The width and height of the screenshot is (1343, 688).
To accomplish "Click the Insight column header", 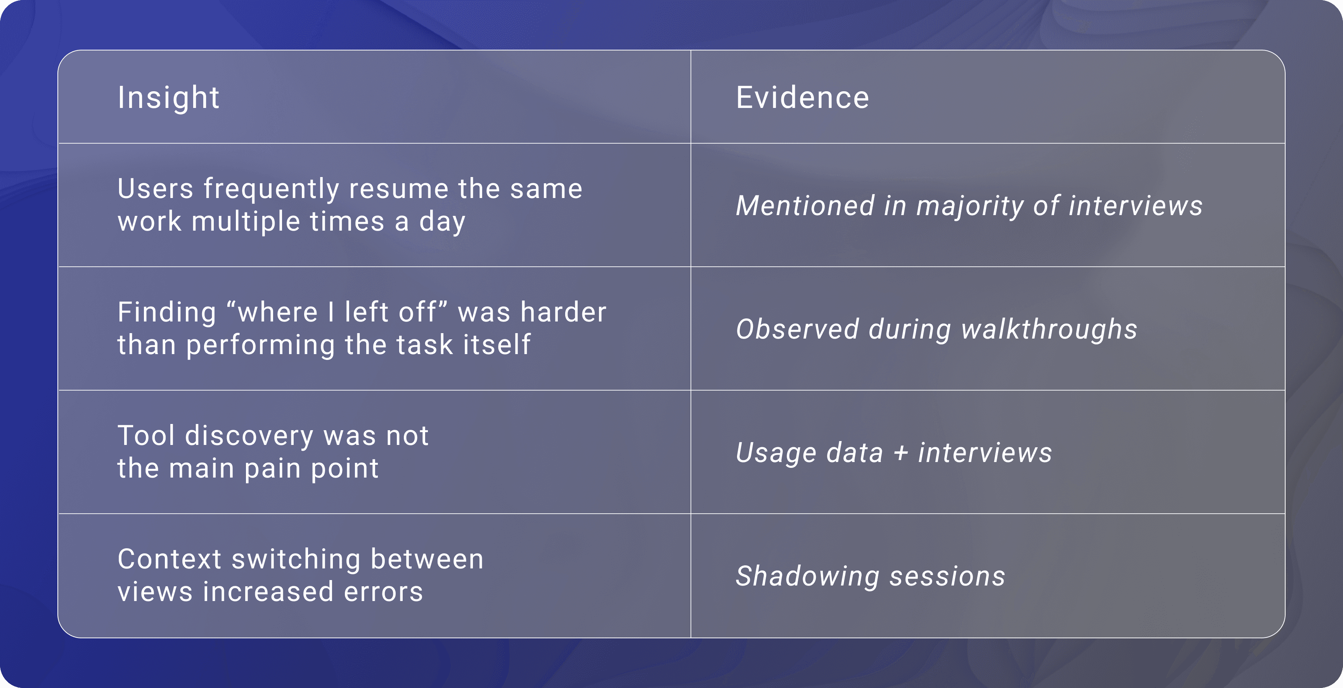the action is pyautogui.click(x=168, y=97).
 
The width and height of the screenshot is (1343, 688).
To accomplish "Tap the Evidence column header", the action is pyautogui.click(x=802, y=97).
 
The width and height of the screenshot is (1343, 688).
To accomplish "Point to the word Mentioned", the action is pyautogui.click(x=805, y=205).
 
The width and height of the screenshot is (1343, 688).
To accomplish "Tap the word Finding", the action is pyautogui.click(x=167, y=313).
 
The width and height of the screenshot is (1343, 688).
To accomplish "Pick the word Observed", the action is pyautogui.click(x=797, y=329).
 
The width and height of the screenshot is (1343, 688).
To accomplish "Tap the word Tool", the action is pyautogui.click(x=146, y=436).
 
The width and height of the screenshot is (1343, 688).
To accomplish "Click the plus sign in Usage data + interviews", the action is pyautogui.click(x=901, y=453).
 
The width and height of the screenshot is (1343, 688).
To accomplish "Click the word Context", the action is pyautogui.click(x=170, y=559).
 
